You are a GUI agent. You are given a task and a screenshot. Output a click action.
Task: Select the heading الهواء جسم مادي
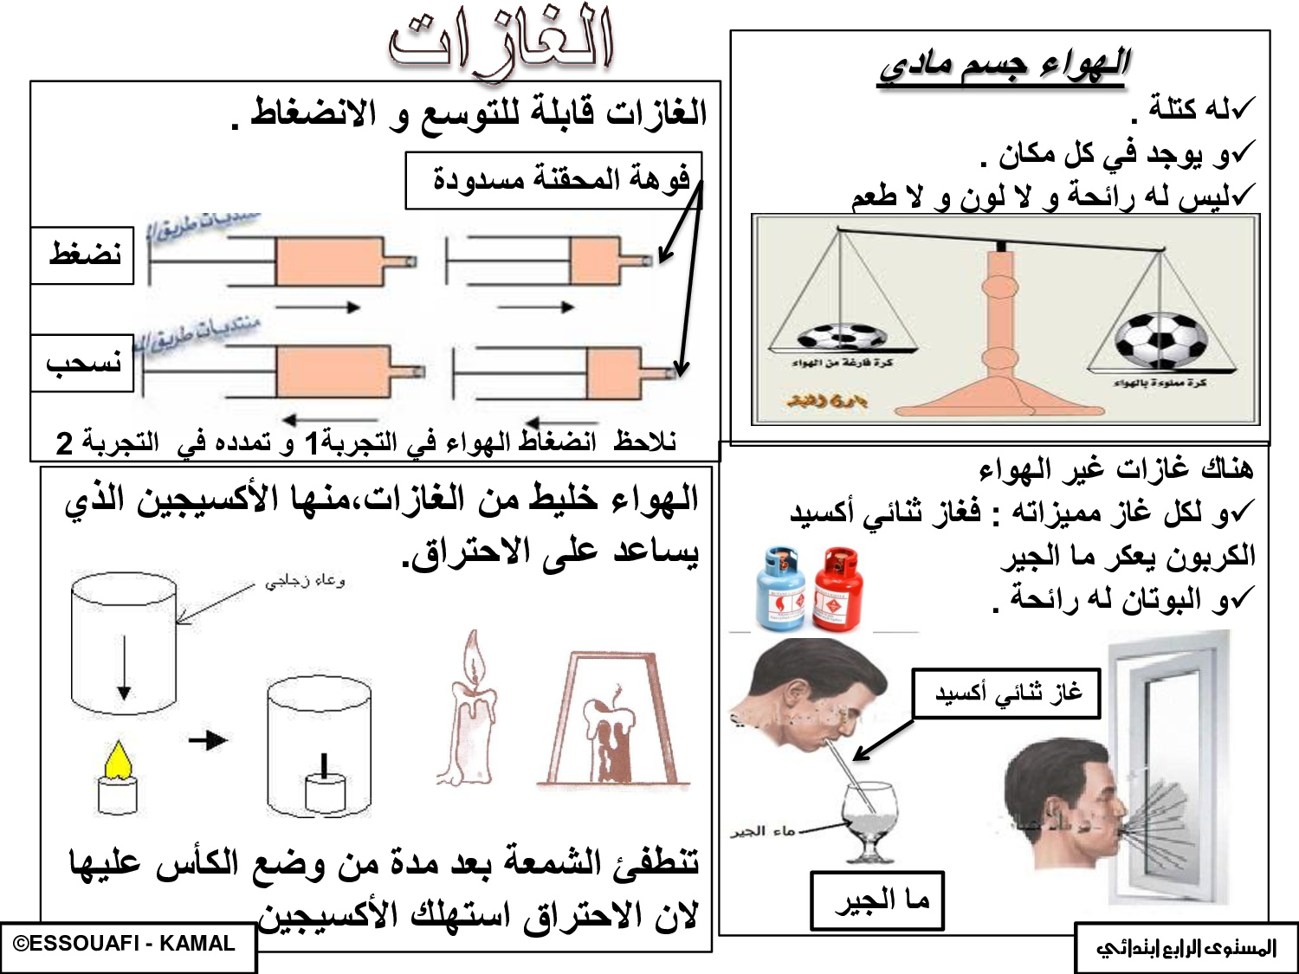pyautogui.click(x=1005, y=65)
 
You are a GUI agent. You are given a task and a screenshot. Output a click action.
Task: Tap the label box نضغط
pyautogui.click(x=83, y=255)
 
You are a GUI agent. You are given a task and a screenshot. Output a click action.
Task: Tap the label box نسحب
pyautogui.click(x=83, y=364)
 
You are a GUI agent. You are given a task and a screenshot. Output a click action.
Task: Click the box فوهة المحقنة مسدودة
pyautogui.click(x=554, y=181)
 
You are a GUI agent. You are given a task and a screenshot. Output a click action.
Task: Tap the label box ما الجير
pyautogui.click(x=876, y=901)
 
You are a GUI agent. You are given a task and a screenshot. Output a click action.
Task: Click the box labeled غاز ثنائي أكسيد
pyautogui.click(x=1006, y=693)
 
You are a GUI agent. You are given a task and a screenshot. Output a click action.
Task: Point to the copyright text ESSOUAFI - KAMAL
pyautogui.click(x=126, y=945)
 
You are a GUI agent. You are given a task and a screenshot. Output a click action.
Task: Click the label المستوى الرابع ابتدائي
pyautogui.click(x=1186, y=948)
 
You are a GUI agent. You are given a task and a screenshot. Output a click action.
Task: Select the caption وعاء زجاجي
pyautogui.click(x=305, y=581)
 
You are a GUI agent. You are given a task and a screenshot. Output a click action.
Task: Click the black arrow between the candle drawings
pyautogui.click(x=208, y=740)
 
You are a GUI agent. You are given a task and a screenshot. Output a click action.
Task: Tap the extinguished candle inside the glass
pyautogui.click(x=325, y=786)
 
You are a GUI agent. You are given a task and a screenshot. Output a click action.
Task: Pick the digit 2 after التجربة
pyautogui.click(x=63, y=443)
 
